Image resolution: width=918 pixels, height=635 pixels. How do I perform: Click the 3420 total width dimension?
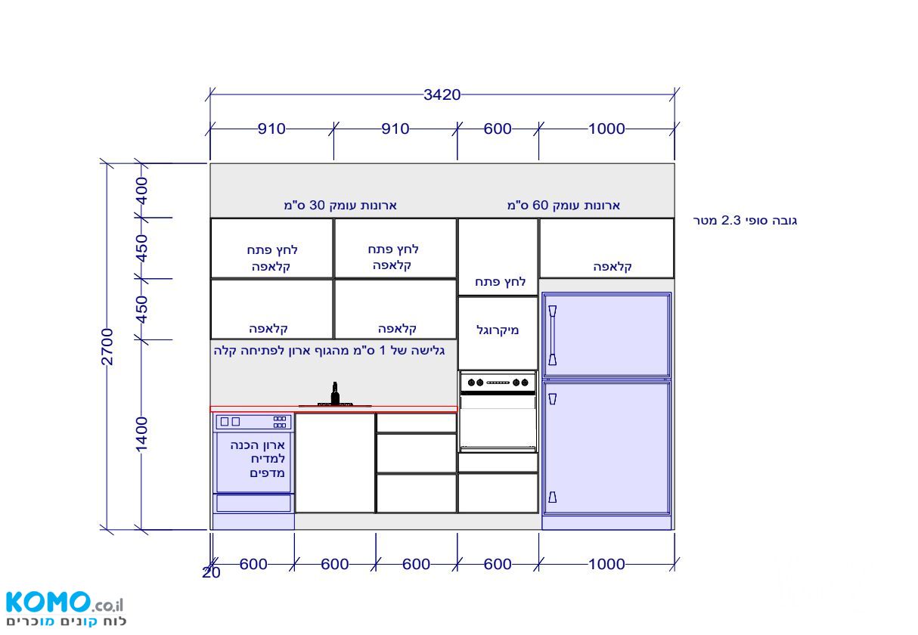pos(442,94)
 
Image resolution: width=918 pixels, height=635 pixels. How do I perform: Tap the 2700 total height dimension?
pos(107,346)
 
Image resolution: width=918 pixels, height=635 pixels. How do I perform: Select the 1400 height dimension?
pos(141,434)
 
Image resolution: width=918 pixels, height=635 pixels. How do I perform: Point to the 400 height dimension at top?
pos(142,190)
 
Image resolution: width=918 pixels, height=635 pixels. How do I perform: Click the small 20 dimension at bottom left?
pos(211,572)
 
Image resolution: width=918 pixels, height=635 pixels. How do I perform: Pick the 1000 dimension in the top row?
pos(606,129)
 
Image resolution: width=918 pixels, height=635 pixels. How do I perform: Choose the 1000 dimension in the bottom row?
pos(606,564)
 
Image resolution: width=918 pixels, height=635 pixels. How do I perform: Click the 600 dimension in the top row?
pos(498,129)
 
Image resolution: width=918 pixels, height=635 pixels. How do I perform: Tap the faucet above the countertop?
pos(335,394)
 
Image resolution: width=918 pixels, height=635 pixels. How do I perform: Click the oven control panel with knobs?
pos(498,383)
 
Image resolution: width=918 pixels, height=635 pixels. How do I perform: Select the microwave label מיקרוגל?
pos(498,330)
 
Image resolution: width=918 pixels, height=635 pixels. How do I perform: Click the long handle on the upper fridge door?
pos(553,335)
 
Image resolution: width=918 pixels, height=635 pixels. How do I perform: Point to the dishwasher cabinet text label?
pos(257,459)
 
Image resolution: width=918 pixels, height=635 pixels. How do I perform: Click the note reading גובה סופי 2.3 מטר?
pos(745,221)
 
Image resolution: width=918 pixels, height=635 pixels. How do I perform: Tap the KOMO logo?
pos(65,609)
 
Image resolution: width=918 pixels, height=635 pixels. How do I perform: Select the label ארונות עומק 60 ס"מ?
pos(563,205)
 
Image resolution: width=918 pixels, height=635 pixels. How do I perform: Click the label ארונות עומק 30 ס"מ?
pos(340,205)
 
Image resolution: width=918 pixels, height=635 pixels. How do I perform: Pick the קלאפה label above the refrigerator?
pos(613,267)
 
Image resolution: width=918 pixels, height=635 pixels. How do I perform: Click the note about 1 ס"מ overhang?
pos(329,351)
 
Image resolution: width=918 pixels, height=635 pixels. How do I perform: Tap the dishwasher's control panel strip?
pos(253,422)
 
